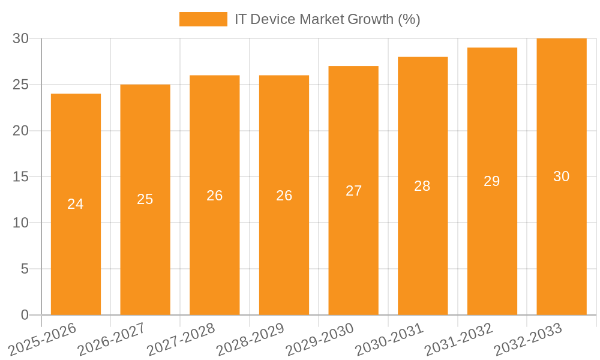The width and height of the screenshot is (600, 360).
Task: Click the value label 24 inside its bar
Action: pyautogui.click(x=76, y=205)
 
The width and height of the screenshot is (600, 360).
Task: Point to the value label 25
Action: pyautogui.click(x=145, y=200)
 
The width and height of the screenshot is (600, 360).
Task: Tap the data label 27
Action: pyautogui.click(x=354, y=191)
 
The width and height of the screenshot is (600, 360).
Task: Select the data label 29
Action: pyautogui.click(x=492, y=181)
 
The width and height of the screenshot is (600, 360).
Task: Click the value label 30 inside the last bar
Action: pyautogui.click(x=562, y=176)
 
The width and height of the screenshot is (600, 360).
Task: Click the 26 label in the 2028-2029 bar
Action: pyautogui.click(x=284, y=196)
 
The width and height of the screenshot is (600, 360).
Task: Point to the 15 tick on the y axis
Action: pyautogui.click(x=21, y=177)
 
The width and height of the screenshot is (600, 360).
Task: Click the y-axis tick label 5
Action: pyautogui.click(x=25, y=269)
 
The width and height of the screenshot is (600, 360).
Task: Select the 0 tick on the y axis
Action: pyautogui.click(x=25, y=315)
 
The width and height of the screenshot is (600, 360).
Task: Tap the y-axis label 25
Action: pyautogui.click(x=21, y=85)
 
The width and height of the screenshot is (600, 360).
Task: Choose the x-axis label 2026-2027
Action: pyautogui.click(x=112, y=340)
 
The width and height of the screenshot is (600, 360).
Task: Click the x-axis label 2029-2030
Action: pyautogui.click(x=320, y=340)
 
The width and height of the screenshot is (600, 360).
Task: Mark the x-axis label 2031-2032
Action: pyautogui.click(x=459, y=340)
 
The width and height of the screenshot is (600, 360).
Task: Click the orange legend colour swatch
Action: pyautogui.click(x=203, y=19)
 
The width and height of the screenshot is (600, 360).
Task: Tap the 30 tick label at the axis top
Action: pyautogui.click(x=21, y=38)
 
